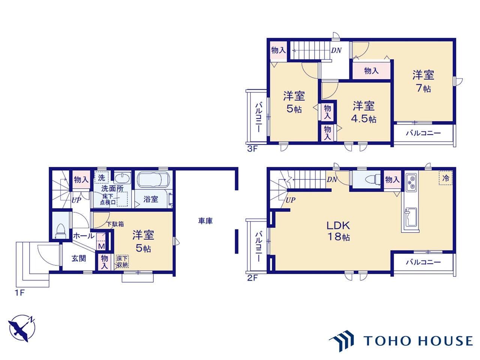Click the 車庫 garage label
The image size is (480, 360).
click(205, 221)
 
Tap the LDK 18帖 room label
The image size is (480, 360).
click(338, 231)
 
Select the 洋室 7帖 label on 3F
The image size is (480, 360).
click(423, 81)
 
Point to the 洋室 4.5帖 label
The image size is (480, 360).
click(364, 112)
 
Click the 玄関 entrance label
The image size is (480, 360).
click(79, 258)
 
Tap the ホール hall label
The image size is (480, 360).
click(84, 236)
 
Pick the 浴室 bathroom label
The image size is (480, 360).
click(151, 199)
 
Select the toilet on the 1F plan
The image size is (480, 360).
click(61, 231)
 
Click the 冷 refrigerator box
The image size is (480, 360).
click(445, 178)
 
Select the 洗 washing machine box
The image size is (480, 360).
click(102, 178)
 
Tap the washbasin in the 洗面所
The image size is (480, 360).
click(122, 178)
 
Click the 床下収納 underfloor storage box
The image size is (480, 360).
click(122, 261)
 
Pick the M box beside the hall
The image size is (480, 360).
click(101, 246)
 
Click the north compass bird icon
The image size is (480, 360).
click(22, 328)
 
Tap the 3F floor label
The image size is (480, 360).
click(252, 149)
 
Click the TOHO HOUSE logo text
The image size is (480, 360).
click(418, 341)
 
